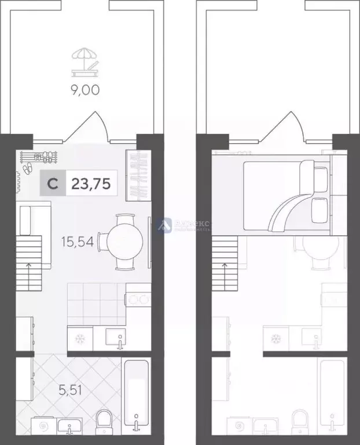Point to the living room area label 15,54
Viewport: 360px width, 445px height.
[77, 240]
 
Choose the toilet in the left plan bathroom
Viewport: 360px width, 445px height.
[105, 421]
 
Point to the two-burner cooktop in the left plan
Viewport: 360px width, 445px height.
[138, 300]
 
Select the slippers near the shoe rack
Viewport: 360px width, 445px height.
[27, 168]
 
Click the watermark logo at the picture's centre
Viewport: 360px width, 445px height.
[166, 224]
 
